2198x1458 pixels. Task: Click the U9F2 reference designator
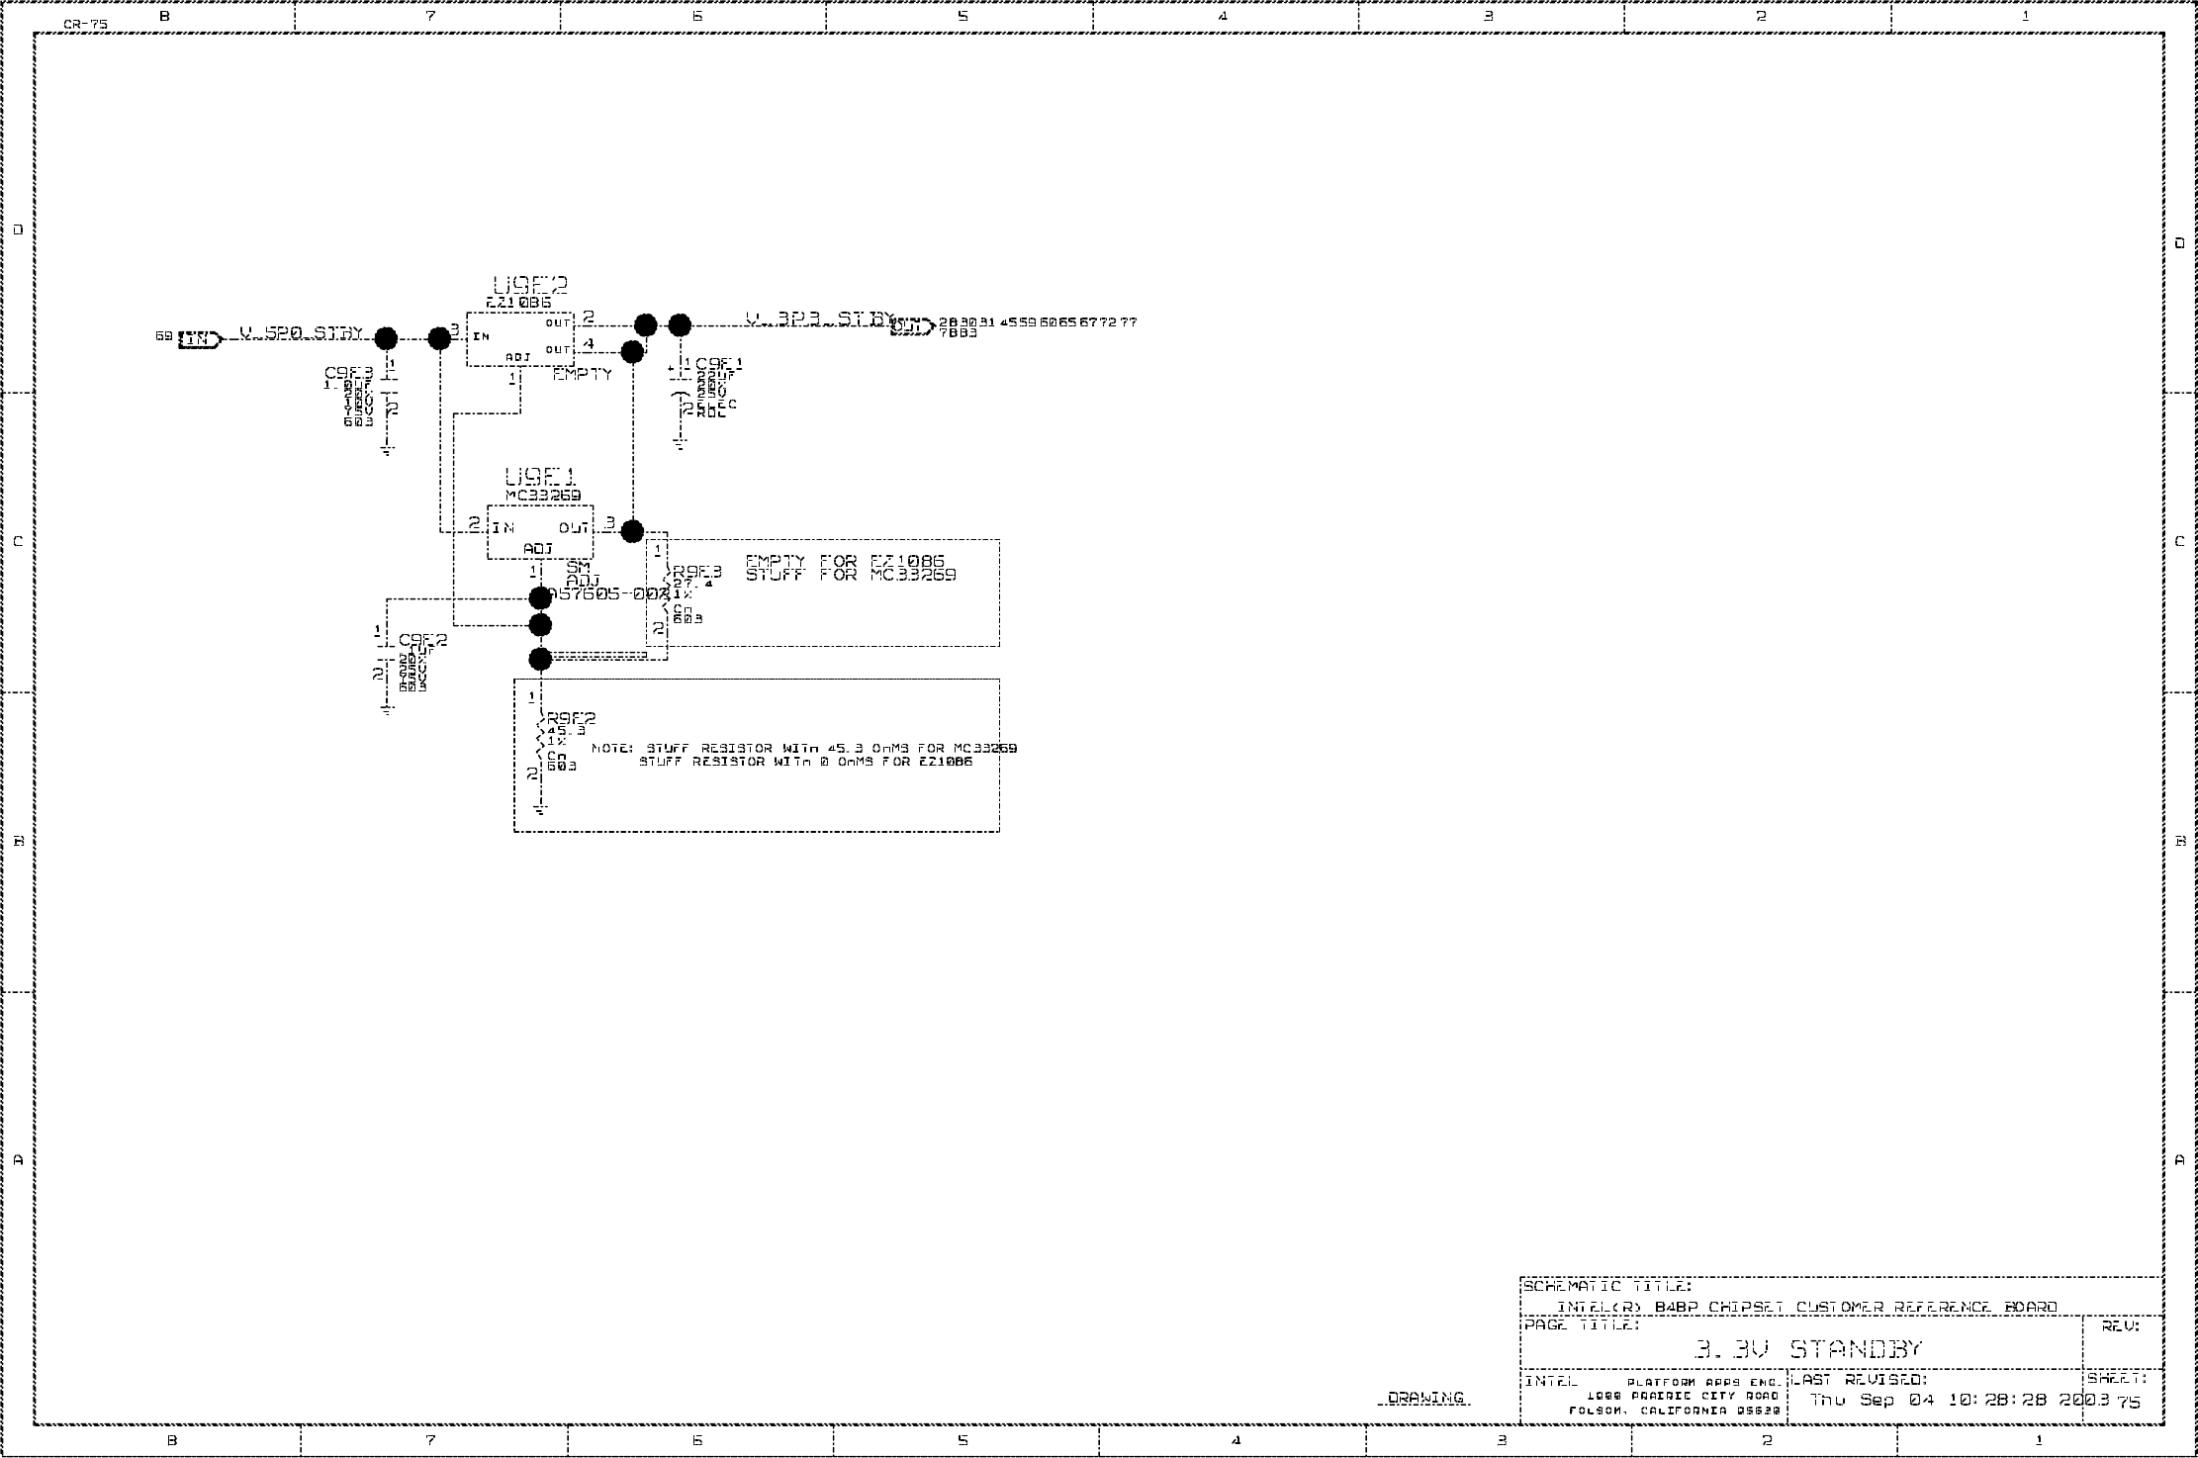click(x=530, y=286)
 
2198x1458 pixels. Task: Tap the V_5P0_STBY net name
click(x=302, y=333)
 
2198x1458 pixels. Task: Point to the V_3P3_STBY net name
click(x=819, y=319)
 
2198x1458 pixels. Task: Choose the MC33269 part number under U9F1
click(x=543, y=495)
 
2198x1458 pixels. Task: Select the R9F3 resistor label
click(x=697, y=572)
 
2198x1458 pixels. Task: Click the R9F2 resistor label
click(x=572, y=718)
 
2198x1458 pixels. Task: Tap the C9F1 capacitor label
click(x=719, y=364)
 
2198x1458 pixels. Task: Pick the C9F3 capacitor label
click(x=349, y=373)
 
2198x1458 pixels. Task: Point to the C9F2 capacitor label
click(x=423, y=640)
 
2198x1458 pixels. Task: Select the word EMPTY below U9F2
click(x=583, y=374)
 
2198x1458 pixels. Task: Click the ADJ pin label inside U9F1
click(x=538, y=549)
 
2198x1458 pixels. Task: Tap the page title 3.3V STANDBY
click(x=1807, y=1349)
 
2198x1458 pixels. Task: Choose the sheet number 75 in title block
click(x=2128, y=1402)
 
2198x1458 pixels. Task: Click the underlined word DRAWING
click(x=1425, y=1398)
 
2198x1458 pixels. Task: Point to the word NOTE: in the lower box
click(x=612, y=749)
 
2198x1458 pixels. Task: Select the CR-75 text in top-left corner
click(x=85, y=24)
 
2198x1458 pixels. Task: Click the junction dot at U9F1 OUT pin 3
click(x=632, y=531)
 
